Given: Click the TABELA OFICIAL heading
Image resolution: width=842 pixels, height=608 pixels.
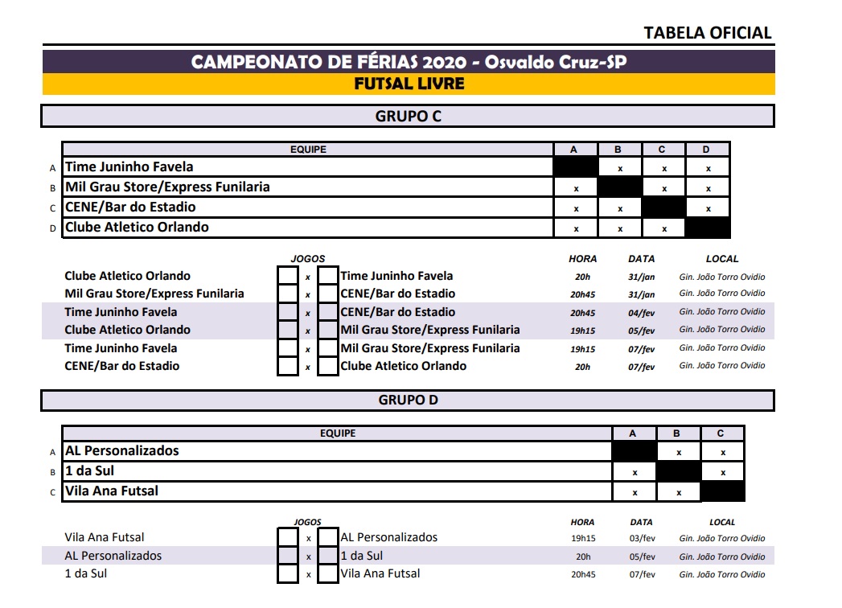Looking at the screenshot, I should coord(708,33).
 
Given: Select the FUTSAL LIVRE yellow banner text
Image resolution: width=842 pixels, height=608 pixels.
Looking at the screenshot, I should coord(409,84).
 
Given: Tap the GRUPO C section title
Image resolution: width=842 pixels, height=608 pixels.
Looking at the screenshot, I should coord(408,116).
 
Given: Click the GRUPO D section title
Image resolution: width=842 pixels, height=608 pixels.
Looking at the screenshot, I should coord(408,400).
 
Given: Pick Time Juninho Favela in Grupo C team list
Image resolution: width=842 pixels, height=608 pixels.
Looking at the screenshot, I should coord(129,167).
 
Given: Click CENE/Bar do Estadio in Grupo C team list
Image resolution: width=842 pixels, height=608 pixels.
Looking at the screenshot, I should coord(130,207).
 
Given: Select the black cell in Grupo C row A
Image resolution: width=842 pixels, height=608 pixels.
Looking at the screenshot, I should coord(575,167).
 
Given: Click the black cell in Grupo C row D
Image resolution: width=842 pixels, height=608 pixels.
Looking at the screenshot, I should coord(707,228).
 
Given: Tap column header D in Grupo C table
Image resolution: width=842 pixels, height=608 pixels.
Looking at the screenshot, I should coord(707,149).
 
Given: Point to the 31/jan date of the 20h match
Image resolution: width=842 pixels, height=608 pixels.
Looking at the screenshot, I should coord(641,277).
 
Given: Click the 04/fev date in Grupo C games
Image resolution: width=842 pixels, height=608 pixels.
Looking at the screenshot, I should coord(641,313).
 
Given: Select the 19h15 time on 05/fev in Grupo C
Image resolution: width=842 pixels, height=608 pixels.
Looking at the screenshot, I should coord(582,331).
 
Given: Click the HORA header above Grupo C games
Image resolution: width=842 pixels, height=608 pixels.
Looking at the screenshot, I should coord(582,259).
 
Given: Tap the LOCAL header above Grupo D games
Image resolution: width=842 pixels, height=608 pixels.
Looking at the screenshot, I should coord(722,522).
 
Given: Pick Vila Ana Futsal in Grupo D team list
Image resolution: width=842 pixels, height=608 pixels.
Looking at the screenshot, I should coord(112,491).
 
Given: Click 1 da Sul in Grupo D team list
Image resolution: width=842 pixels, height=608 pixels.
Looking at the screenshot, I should coord(84,470).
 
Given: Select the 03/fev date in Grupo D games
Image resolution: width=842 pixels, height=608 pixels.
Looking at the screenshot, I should coord(641,539).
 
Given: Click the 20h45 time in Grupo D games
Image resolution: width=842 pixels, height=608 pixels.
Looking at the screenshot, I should coord(582,575).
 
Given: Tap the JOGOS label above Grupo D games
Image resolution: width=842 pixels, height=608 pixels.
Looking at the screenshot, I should coord(307,522).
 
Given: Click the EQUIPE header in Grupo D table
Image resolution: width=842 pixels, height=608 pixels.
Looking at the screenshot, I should coord(338,433).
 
